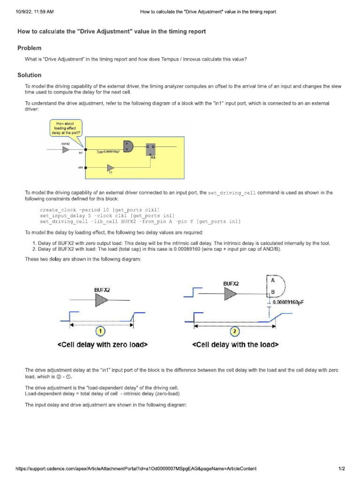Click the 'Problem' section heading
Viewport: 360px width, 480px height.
tap(29, 48)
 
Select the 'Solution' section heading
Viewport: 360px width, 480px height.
tap(29, 75)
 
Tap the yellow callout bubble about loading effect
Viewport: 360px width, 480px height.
tap(66, 127)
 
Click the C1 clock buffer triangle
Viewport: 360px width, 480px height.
tap(111, 168)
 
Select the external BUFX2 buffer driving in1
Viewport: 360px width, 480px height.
tap(66, 149)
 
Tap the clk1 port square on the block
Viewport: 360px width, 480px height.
tap(85, 167)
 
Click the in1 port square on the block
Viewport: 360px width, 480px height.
tap(85, 149)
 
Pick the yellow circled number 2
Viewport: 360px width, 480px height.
tap(235, 332)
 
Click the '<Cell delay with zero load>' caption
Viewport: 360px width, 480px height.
tap(102, 345)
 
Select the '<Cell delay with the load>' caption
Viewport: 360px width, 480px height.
tap(235, 345)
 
